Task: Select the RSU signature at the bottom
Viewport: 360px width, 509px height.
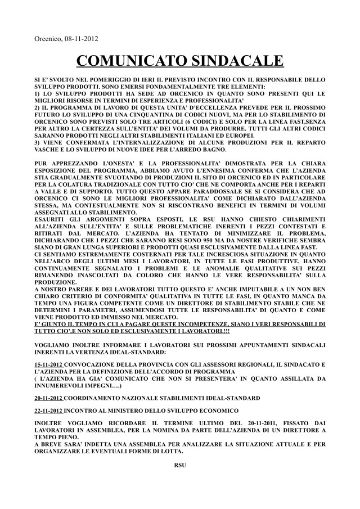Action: (180, 466)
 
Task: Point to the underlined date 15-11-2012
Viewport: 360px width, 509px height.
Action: (48, 364)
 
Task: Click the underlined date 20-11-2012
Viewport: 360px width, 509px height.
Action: (48, 397)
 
